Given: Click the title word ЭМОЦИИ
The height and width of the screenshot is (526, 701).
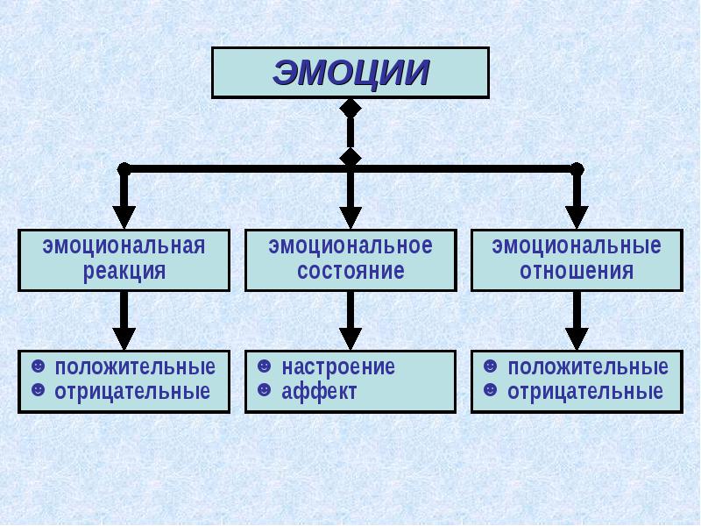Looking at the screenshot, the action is [351, 72].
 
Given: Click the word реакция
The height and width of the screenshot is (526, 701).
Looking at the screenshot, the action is [124, 272].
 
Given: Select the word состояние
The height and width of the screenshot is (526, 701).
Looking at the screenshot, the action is [351, 271].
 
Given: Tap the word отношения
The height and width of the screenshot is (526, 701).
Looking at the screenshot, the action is [577, 271].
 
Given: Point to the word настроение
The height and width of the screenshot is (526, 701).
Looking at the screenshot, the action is [338, 367].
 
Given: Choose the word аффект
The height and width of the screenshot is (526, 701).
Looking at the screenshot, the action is [319, 391].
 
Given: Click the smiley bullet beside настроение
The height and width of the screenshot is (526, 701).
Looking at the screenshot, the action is [265, 366].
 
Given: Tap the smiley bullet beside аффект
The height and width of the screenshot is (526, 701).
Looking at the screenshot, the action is [265, 390].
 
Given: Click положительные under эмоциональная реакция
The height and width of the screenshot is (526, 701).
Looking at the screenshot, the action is [135, 367].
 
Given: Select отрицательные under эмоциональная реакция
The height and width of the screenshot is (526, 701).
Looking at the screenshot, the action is [132, 391].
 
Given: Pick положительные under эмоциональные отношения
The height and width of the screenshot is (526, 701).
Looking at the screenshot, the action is [588, 367].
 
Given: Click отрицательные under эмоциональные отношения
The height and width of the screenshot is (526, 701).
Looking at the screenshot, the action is [585, 391].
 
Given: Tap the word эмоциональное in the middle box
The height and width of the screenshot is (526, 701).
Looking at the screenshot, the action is [350, 246].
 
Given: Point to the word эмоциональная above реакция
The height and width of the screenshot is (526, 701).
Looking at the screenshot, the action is [124, 246].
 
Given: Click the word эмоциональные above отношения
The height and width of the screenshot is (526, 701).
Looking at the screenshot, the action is [577, 246].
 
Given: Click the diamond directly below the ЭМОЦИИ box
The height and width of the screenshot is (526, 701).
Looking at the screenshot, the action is [350, 108].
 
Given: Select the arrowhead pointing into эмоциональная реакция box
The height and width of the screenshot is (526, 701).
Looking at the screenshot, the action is [124, 217].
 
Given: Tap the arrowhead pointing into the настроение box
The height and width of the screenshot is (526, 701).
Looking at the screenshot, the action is [350, 338].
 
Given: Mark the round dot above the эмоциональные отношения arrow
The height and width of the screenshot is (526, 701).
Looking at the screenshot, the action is [577, 169].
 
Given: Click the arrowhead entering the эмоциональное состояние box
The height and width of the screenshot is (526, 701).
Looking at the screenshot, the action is [350, 217].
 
